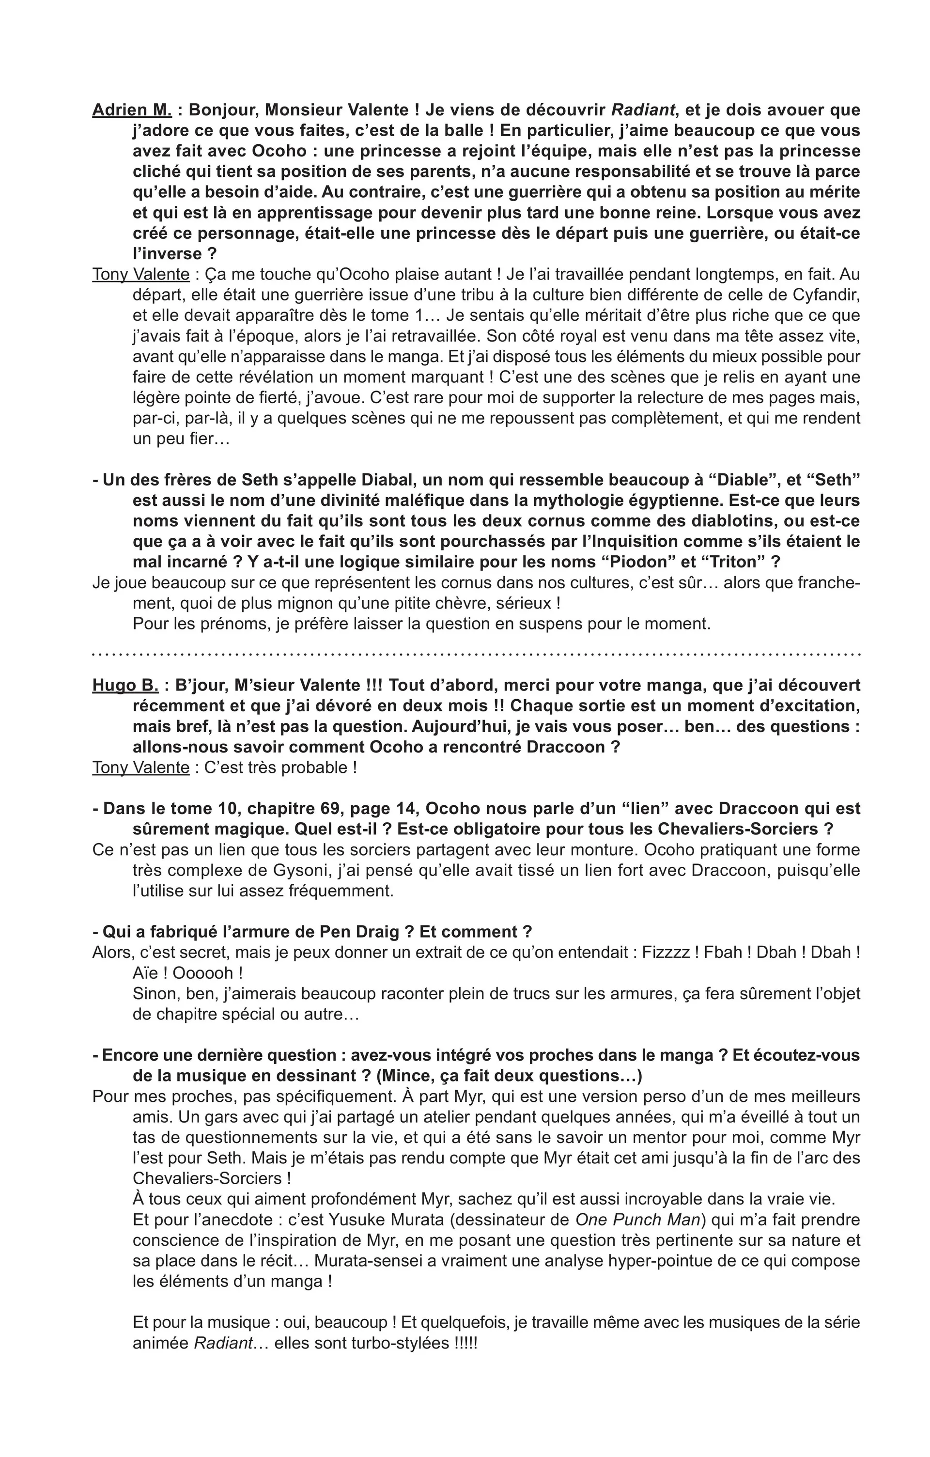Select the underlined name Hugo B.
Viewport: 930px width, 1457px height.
point(125,685)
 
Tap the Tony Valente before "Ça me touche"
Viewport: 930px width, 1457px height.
point(141,274)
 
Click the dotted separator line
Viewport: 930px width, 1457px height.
point(477,655)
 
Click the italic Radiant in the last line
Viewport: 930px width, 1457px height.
point(222,1343)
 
